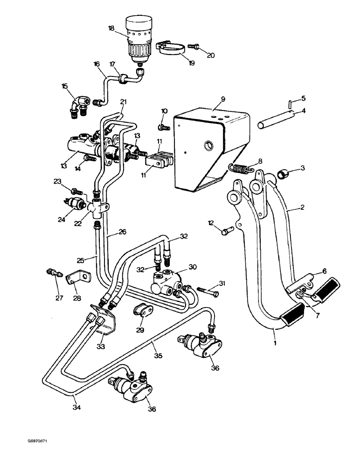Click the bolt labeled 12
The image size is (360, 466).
coord(227,230)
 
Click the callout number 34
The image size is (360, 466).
coord(76,407)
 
